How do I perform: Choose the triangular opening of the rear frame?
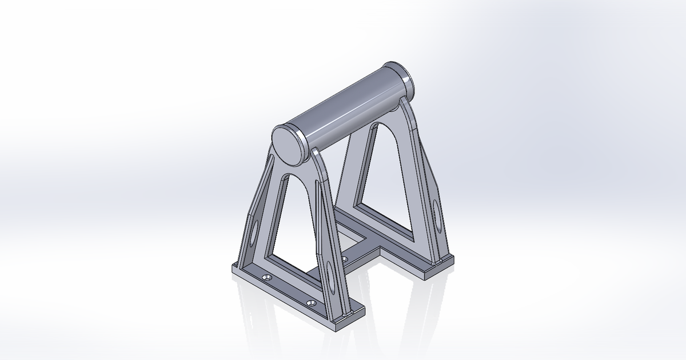[380, 183]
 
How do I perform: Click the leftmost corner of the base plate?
[231, 269]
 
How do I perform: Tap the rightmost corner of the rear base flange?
[453, 260]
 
